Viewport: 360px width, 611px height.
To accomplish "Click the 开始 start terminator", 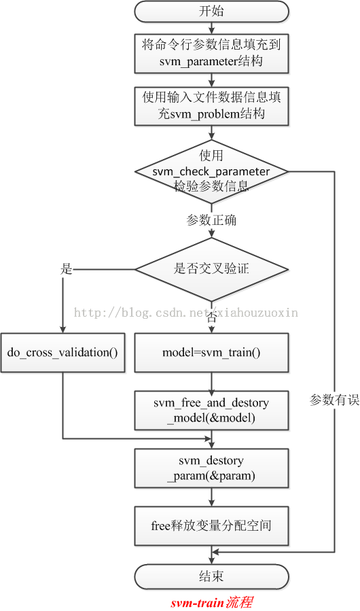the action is pos(211,11).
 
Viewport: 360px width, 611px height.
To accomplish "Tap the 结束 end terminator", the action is pos(211,576).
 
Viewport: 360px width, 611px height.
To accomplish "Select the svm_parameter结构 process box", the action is pos(211,54).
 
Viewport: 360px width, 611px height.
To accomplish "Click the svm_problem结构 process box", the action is pos(211,106).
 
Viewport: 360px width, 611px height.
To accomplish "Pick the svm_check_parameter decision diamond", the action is pos(211,171).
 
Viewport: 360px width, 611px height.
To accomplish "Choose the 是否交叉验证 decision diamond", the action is pos(211,269).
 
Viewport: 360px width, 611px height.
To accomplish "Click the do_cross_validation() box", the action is pos(62,353).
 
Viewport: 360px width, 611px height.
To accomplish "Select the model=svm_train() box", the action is pos(211,353).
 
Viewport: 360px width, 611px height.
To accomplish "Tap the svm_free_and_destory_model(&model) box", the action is pos(211,411).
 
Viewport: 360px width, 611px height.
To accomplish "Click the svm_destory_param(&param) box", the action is pos(211,468).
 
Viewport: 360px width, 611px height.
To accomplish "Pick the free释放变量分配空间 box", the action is pos(211,526).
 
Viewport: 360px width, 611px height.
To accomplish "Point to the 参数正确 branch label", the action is pos(211,221).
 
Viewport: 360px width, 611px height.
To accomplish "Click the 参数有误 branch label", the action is pos(334,400).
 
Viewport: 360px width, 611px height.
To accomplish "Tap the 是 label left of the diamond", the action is pos(67,269).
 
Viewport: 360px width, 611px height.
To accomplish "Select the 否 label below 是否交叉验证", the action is pos(211,317).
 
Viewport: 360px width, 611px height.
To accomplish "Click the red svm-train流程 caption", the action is pos(212,602).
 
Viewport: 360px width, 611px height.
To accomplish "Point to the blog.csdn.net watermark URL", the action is pos(186,312).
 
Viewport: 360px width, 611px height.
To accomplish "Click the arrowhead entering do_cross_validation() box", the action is pos(62,330).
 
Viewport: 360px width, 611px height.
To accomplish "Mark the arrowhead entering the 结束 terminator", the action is pos(211,561).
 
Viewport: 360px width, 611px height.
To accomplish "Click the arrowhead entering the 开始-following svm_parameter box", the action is pos(211,31).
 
